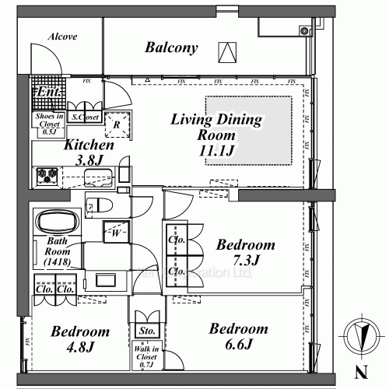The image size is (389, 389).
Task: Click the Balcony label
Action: pyautogui.click(x=172, y=48)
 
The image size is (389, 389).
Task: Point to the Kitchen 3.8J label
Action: pyautogui.click(x=89, y=152)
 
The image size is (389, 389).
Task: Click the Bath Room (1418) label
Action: pyautogui.click(x=59, y=252)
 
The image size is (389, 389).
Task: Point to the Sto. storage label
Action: pyautogui.click(x=145, y=331)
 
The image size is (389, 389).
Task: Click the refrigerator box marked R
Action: pyautogui.click(x=117, y=124)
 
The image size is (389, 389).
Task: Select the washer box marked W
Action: pyautogui.click(x=114, y=231)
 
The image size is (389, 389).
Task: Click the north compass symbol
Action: pyautogui.click(x=359, y=334)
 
